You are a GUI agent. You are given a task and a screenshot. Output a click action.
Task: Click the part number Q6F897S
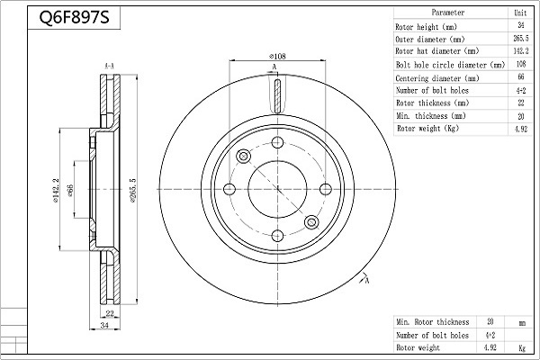pos(74,17)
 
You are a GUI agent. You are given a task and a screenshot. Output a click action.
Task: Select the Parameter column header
pos(447,13)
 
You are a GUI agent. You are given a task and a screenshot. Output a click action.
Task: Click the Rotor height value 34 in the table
pos(521,25)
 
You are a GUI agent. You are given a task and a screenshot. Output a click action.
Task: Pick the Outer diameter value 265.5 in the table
pos(521,38)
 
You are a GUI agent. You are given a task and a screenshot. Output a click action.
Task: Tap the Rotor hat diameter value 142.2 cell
pos(521,51)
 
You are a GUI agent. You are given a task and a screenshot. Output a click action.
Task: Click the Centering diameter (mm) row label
pos(437,78)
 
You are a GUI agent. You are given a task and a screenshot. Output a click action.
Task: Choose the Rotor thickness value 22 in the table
pos(521,103)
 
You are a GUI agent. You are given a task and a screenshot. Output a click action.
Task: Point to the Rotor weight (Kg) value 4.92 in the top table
pos(521,129)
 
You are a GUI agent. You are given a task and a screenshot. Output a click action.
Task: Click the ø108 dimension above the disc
pos(277,56)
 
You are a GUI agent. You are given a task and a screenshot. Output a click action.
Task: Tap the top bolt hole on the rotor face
pos(277,142)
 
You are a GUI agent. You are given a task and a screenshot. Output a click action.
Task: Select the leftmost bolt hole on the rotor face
pos(229,189)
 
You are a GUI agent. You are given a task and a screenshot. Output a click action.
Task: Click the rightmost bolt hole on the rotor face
pos(326,189)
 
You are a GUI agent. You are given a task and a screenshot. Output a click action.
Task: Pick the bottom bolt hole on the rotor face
pos(277,236)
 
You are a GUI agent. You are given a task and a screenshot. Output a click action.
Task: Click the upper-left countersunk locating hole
pos(244,157)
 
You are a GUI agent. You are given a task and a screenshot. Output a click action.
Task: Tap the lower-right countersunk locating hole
pos(311,222)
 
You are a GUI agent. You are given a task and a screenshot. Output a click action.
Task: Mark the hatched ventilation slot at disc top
pos(277,95)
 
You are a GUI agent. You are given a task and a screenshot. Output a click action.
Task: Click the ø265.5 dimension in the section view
pos(133,190)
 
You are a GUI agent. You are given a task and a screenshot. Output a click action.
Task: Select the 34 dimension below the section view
pos(104,325)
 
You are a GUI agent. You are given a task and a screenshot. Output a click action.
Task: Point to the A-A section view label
pos(109,66)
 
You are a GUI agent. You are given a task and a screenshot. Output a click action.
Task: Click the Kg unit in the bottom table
pos(522,348)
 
